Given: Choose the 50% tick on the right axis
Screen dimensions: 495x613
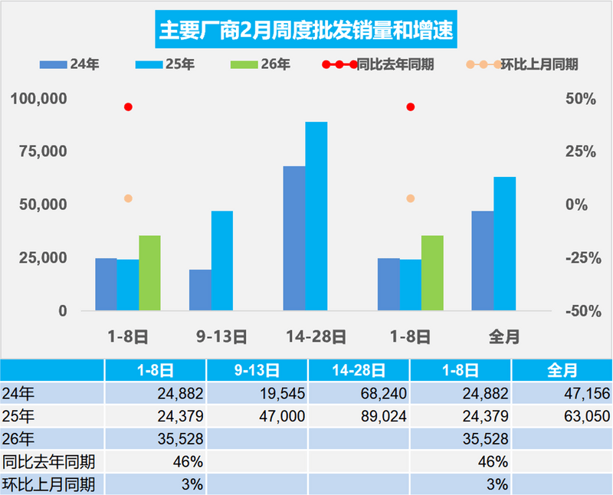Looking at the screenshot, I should point(581,99).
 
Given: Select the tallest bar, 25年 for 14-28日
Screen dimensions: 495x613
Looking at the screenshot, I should point(316,216).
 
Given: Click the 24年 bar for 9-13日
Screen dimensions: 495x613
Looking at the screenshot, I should point(200,290).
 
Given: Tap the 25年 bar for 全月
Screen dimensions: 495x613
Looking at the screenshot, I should point(504,244).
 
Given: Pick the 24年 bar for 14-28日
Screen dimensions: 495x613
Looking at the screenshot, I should point(293,238).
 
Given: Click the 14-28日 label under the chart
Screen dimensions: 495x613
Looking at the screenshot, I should point(316,336).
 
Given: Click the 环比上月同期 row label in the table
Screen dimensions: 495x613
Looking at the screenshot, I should point(49,484).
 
